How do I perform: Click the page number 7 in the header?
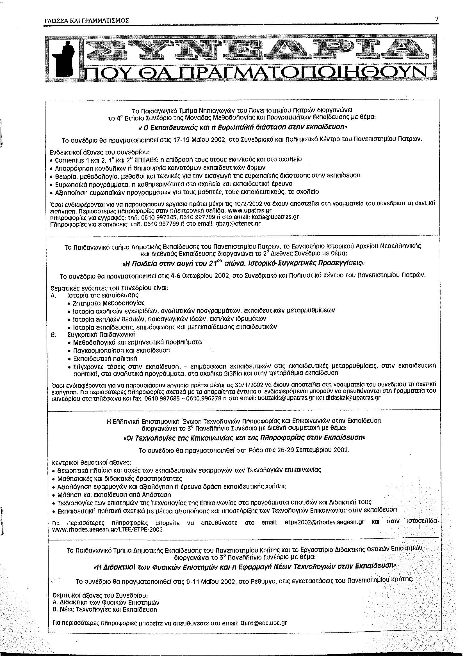[437, 19]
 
